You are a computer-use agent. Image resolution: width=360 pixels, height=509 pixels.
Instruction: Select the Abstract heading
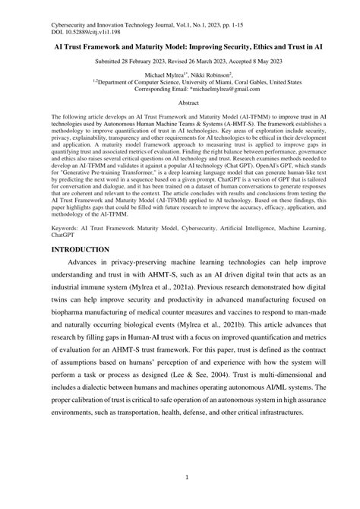(180, 101)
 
